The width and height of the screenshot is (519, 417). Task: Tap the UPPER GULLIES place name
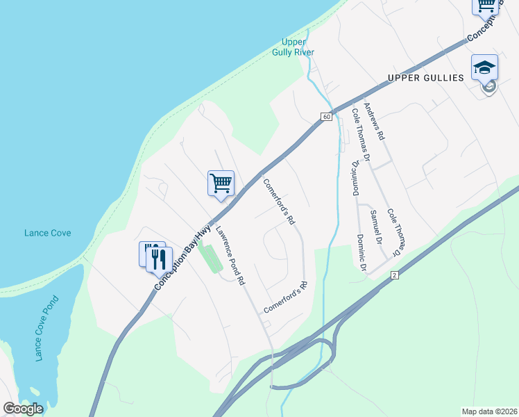[425, 78]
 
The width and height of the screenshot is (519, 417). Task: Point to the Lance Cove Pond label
[46, 328]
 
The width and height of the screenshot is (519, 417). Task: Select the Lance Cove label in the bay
[47, 234]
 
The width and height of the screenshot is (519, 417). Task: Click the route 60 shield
[326, 117]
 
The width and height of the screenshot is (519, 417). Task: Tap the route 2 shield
[394, 276]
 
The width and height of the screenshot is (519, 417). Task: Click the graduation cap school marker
[484, 68]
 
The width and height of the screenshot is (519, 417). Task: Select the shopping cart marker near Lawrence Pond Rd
[221, 184]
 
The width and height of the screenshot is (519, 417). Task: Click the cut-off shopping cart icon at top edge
[486, 6]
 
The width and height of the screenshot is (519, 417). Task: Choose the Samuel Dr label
[376, 227]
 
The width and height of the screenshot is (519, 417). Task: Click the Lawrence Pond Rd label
[230, 256]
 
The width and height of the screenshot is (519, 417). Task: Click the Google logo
[23, 409]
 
